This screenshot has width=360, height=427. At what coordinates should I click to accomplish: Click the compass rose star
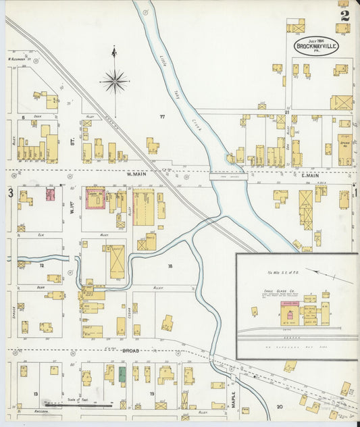pos(114,82)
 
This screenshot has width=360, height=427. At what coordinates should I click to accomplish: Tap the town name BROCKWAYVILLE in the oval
pos(317,47)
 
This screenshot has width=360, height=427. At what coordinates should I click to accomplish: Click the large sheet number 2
pos(344,16)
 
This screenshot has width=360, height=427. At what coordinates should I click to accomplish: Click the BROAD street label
pos(130,351)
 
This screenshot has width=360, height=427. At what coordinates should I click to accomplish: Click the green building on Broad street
pos(122,373)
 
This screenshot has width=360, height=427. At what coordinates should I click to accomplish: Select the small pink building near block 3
pos(50,195)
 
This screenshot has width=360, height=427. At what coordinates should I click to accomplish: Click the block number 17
pos(162,117)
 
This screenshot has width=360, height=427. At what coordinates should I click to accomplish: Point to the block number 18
pos(170,266)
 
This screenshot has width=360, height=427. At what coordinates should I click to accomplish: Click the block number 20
pos(279,406)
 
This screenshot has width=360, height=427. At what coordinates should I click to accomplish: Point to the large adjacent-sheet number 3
pos(10,194)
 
